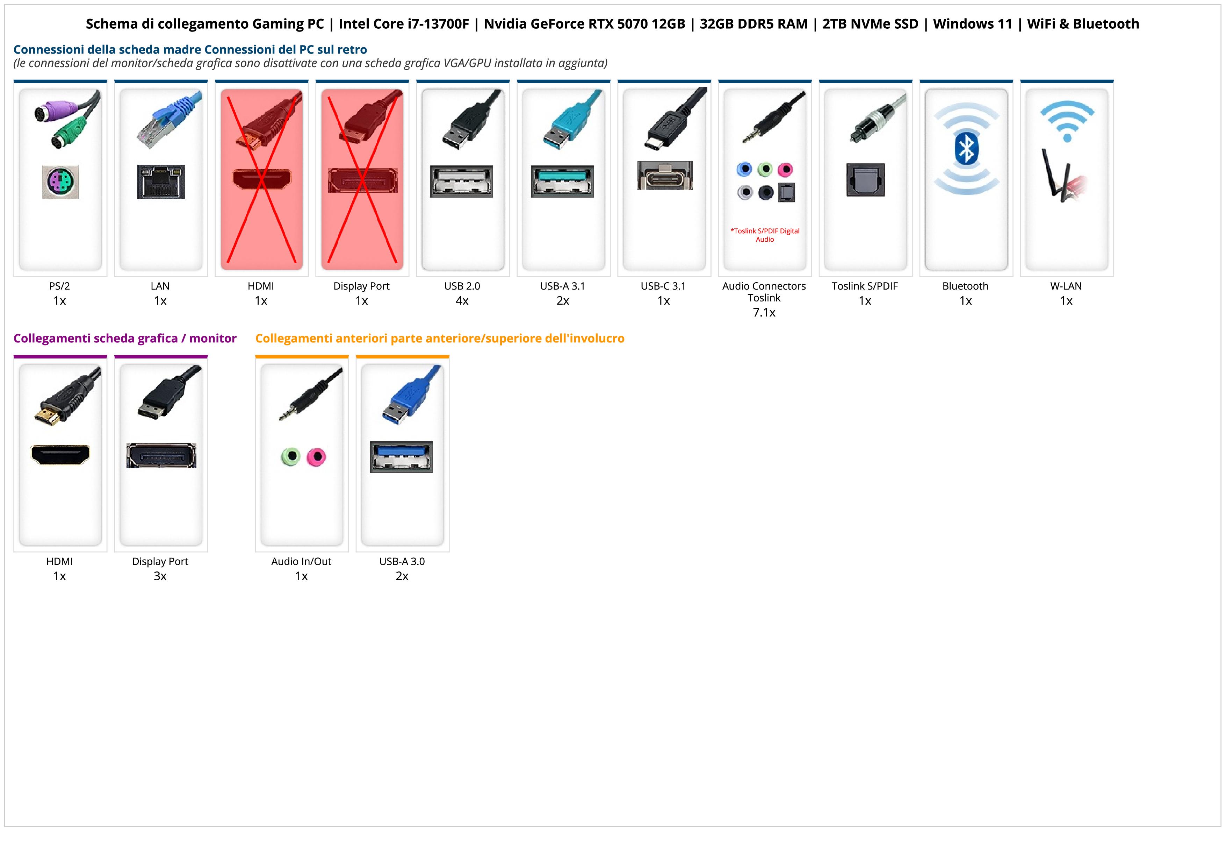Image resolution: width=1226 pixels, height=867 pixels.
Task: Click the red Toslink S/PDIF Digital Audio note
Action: tap(765, 235)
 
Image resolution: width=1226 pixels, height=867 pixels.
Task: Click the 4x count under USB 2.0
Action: tap(462, 301)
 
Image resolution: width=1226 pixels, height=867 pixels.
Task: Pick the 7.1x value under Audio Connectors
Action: tap(764, 313)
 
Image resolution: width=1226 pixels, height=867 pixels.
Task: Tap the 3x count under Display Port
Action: tap(160, 576)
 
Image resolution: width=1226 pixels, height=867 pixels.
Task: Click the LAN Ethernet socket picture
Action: tap(161, 182)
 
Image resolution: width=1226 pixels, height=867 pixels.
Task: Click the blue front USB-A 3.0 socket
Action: tap(401, 457)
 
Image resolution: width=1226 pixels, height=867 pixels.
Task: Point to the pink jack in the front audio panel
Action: tap(317, 457)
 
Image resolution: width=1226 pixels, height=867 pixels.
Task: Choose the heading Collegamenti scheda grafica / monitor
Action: tap(125, 338)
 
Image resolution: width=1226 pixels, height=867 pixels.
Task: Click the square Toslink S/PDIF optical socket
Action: tap(866, 180)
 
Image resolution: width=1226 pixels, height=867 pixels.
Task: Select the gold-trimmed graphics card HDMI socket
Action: tap(60, 455)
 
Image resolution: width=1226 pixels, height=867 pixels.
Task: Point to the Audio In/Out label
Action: tap(301, 561)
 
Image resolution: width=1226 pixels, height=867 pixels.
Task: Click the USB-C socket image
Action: tap(665, 175)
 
